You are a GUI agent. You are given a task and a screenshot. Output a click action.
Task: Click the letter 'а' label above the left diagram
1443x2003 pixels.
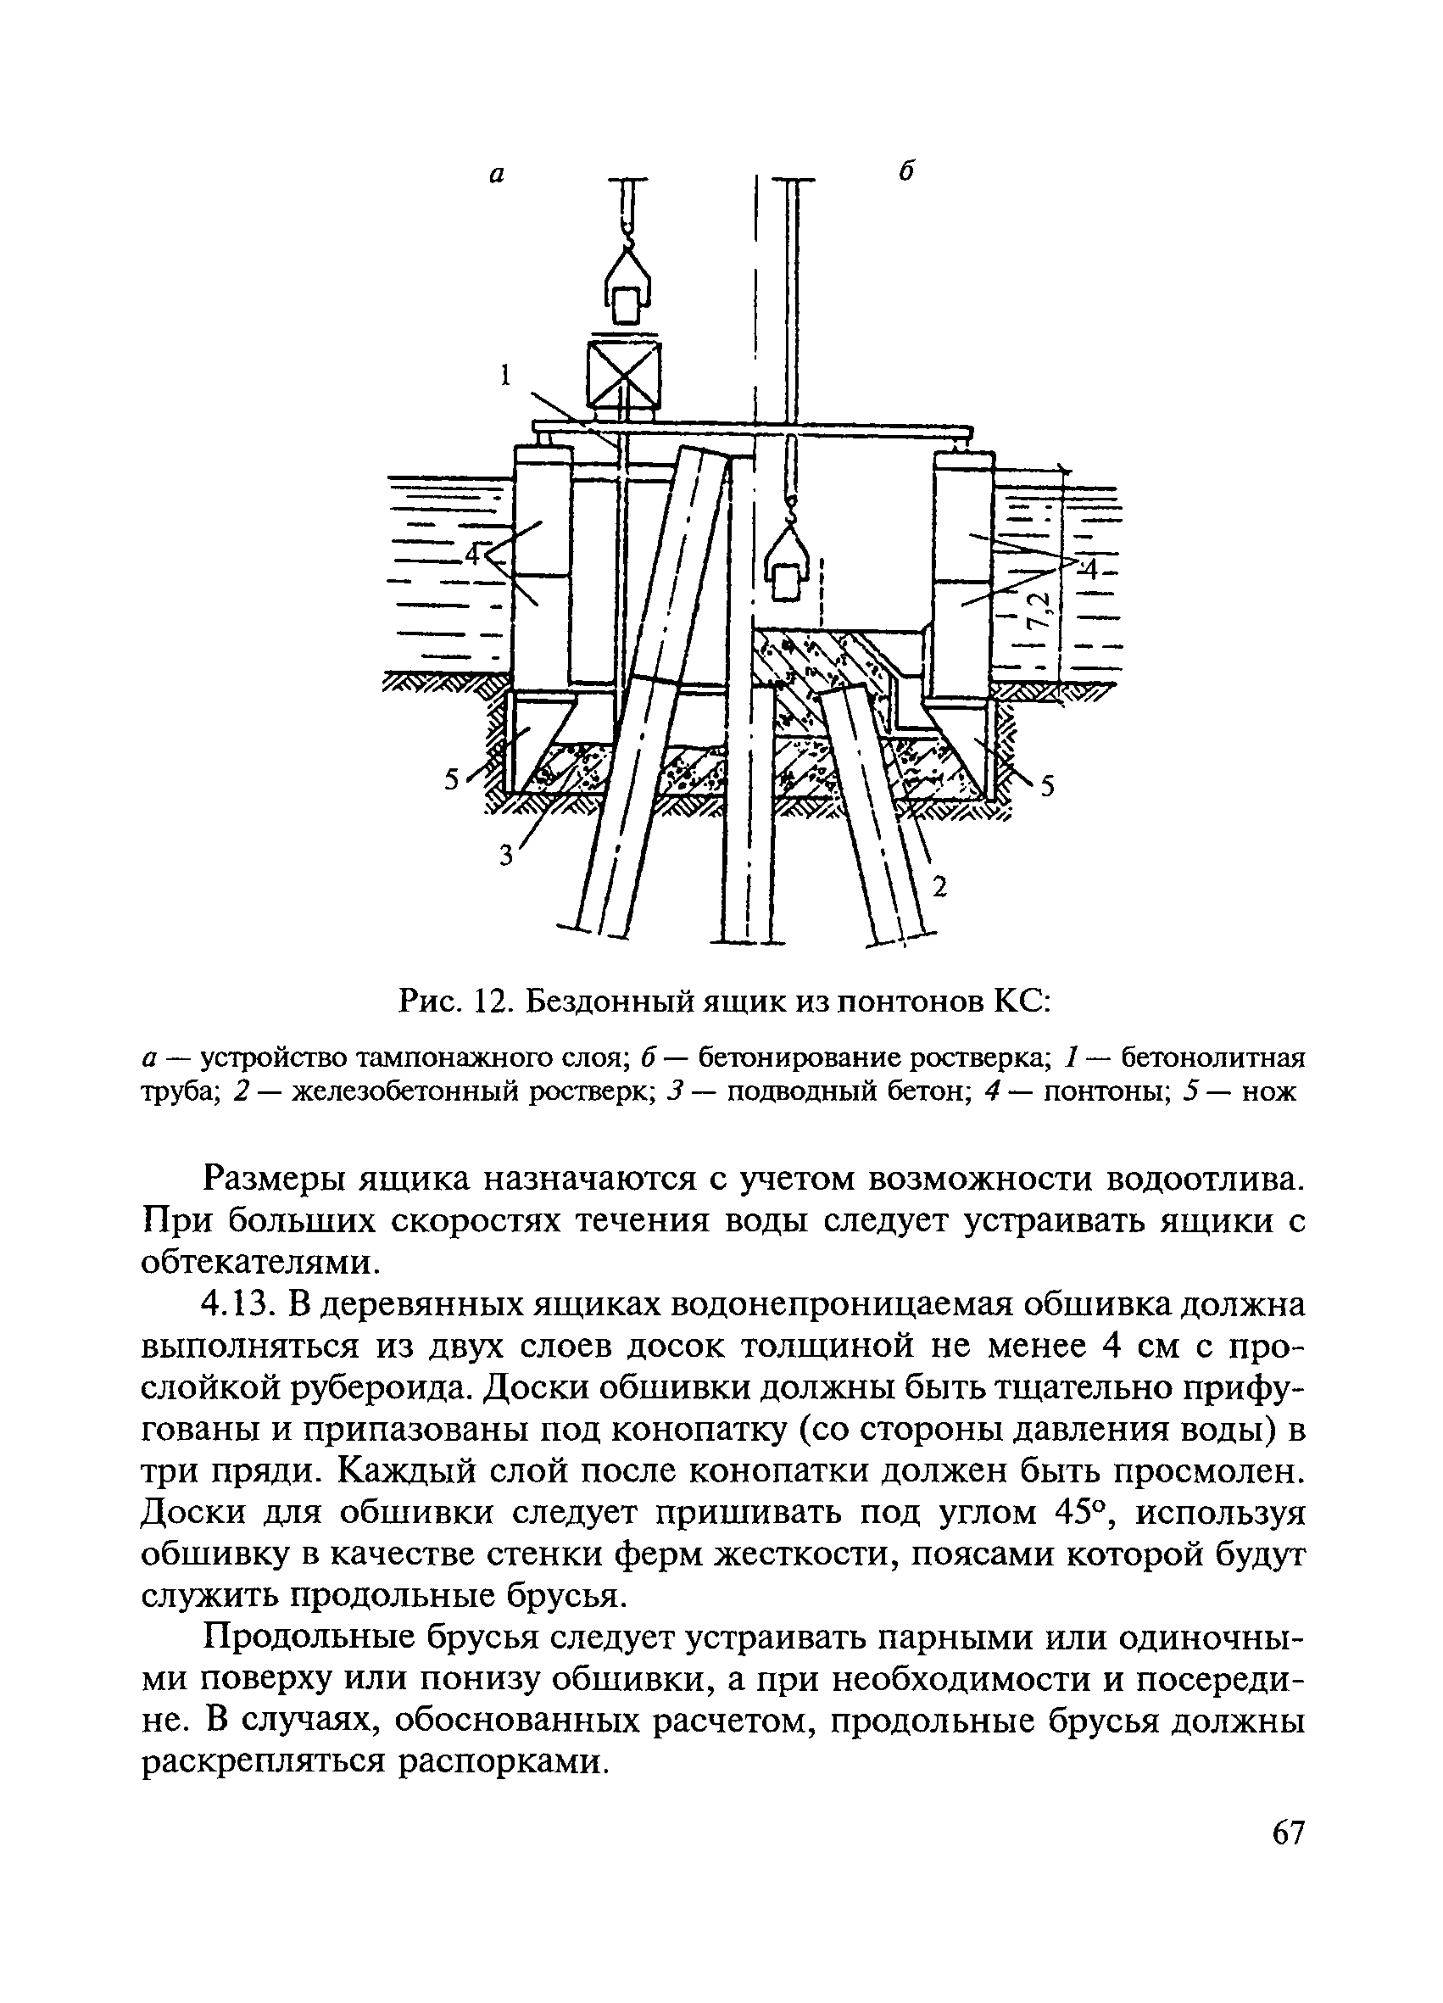tap(497, 176)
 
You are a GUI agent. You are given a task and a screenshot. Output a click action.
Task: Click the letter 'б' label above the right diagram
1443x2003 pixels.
tap(906, 171)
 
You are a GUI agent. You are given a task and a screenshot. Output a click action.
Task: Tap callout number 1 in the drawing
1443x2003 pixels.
tap(506, 377)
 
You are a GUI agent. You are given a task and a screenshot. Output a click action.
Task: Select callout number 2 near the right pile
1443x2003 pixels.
tap(939, 887)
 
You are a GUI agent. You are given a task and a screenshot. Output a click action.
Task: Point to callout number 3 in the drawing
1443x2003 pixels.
tap(506, 855)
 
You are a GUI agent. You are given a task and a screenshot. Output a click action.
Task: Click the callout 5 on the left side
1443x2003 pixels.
tap(452, 780)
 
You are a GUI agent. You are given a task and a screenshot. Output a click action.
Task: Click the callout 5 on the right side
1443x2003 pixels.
tap(1047, 785)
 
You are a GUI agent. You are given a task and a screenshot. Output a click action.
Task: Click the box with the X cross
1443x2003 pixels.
tap(623, 376)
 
